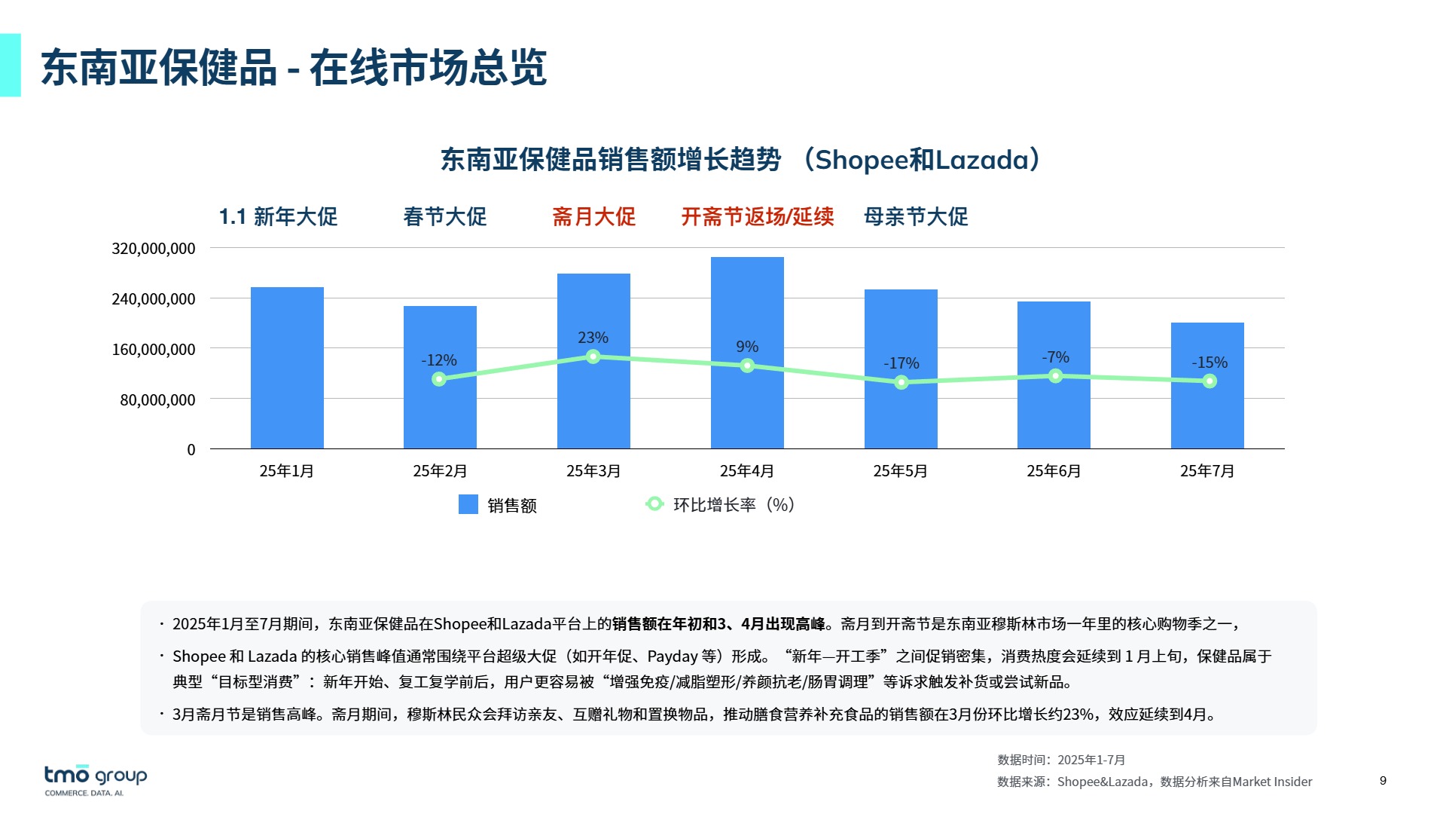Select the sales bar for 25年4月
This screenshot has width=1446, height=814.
coord(747,317)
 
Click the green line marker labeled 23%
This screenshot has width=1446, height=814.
coord(593,357)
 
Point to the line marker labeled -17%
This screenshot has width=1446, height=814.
coord(901,382)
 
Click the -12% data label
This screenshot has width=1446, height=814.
coord(439,360)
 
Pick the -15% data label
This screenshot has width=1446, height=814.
coord(1210,363)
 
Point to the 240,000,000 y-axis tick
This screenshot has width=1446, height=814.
coord(154,299)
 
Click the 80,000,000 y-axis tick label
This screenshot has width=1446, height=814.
coord(158,400)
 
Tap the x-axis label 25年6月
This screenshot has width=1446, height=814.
coord(1054,471)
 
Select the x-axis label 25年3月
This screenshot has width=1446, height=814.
coord(593,471)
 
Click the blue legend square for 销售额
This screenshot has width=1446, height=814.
coord(468,504)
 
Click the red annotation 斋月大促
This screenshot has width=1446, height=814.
coord(594,217)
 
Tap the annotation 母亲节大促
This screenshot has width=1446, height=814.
coord(916,217)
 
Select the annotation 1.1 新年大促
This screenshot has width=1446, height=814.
coord(278,217)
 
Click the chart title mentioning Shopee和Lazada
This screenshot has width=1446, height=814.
coord(741,160)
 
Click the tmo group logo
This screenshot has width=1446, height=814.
coord(96,779)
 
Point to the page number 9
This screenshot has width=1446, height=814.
coord(1383,781)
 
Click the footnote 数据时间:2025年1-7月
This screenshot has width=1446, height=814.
coord(1061,760)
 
